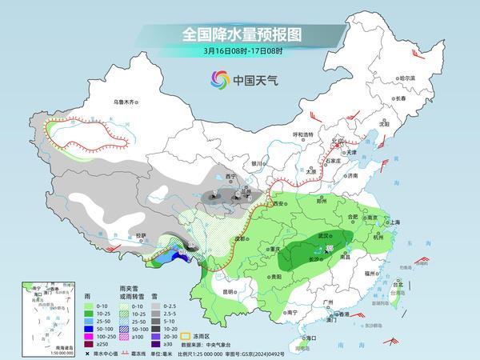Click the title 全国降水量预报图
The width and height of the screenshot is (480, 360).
tap(239, 34)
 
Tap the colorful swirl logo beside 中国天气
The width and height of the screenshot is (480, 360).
tap(219, 79)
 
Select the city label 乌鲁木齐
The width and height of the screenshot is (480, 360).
tap(126, 102)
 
